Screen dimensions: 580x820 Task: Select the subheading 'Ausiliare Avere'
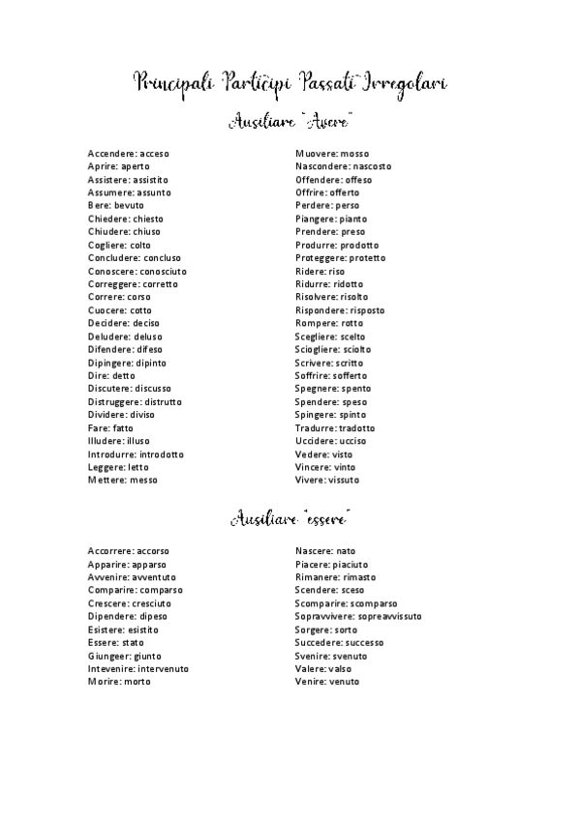coord(290,122)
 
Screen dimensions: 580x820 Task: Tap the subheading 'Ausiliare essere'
coord(290,518)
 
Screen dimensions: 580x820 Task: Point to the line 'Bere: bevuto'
coord(115,206)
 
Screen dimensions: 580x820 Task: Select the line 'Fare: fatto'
coord(110,427)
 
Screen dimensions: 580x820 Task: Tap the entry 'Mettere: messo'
coord(122,480)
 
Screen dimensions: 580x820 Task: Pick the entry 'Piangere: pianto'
coord(331,219)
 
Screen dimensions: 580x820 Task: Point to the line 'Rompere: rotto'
coord(329,323)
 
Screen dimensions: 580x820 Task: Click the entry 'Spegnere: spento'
coord(332,389)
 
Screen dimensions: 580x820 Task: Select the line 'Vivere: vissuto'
coord(326,480)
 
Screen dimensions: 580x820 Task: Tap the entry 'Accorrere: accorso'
coord(128,551)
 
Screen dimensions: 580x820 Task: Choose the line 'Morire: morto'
coord(118,682)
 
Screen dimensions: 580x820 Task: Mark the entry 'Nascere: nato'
coord(325,551)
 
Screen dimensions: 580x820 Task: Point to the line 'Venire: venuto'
coord(326,682)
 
